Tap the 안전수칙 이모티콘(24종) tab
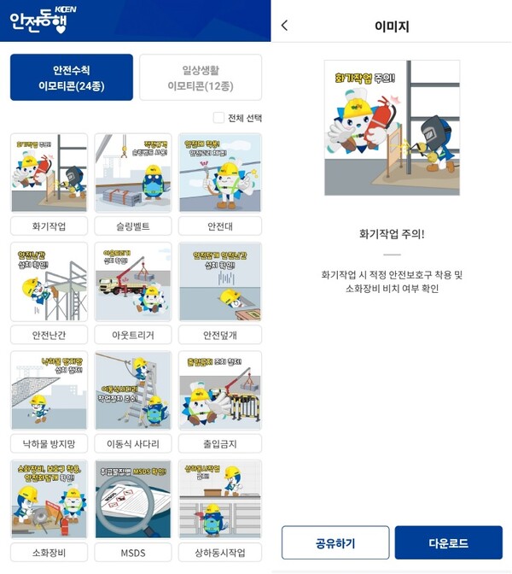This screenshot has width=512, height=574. tap(72, 77)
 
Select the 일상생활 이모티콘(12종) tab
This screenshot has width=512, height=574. tap(201, 77)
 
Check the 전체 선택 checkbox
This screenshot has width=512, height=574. tap(218, 118)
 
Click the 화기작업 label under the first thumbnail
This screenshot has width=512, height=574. tap(49, 226)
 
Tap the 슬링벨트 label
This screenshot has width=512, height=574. tap(132, 226)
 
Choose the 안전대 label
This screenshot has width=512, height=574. tap(220, 226)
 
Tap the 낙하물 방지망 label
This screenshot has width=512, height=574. tap(49, 444)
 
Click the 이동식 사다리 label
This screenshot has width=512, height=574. tap(132, 444)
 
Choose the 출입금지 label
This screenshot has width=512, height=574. tap(220, 444)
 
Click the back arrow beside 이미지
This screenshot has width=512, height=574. tap(284, 26)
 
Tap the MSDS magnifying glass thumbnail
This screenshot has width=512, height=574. tap(132, 499)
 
